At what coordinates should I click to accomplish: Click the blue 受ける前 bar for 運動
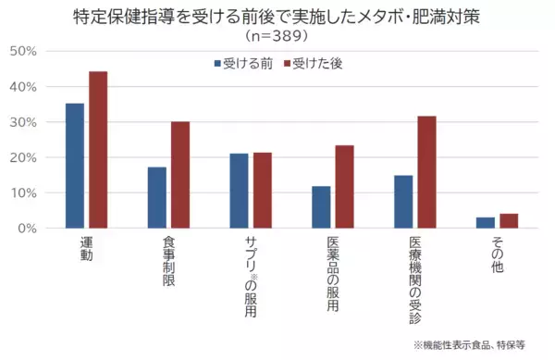coord(75,166)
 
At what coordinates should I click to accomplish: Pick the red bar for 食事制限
coord(180,175)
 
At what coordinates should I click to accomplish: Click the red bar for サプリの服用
coord(263,191)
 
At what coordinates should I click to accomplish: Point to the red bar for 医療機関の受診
coord(426,172)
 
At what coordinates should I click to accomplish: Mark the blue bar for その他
coord(486,222)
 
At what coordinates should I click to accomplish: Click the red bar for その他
coord(509,220)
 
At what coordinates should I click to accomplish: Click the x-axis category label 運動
coord(86,249)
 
